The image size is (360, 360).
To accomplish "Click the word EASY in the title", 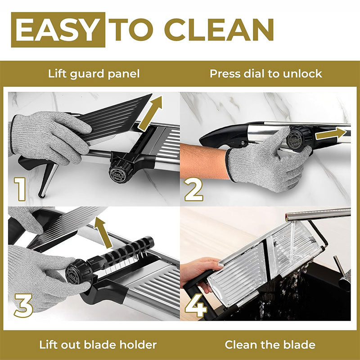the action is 58,30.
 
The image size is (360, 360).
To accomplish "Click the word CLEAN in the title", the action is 219,30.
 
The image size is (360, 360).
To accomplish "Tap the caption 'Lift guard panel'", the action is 94,74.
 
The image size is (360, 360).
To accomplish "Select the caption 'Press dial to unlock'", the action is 266,74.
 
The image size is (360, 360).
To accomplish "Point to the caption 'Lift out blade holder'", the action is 98,345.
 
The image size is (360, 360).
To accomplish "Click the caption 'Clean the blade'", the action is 270,345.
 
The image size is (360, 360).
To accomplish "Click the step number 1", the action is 20,189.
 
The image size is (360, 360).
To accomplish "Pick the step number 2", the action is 194,189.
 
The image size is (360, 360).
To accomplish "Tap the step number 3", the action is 23,306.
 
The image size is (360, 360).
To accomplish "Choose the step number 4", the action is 196,306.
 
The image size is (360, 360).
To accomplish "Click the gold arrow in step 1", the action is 150,113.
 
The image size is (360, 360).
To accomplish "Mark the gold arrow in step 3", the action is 103,232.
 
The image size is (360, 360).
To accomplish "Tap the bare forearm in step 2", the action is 204,161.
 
